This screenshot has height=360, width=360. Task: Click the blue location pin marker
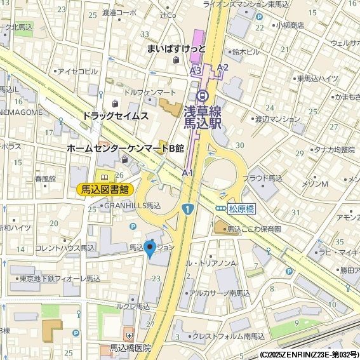click(x=150, y=249)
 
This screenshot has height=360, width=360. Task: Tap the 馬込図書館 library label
click(x=105, y=189)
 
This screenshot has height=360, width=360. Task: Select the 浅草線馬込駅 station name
click(x=203, y=117)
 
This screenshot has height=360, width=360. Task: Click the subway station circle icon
click(x=203, y=96)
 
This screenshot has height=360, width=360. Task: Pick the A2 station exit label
click(x=222, y=67)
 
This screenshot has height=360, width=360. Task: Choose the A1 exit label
click(x=187, y=172)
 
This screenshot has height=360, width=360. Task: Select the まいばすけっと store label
click(x=176, y=48)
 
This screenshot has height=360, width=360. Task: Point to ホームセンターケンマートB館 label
click(x=125, y=148)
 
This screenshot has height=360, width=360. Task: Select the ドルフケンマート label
click(x=150, y=93)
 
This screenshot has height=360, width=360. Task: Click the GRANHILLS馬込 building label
click(x=132, y=206)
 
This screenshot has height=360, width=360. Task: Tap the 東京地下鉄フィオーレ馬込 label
click(x=60, y=279)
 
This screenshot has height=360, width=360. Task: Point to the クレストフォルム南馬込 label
click(x=228, y=337)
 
